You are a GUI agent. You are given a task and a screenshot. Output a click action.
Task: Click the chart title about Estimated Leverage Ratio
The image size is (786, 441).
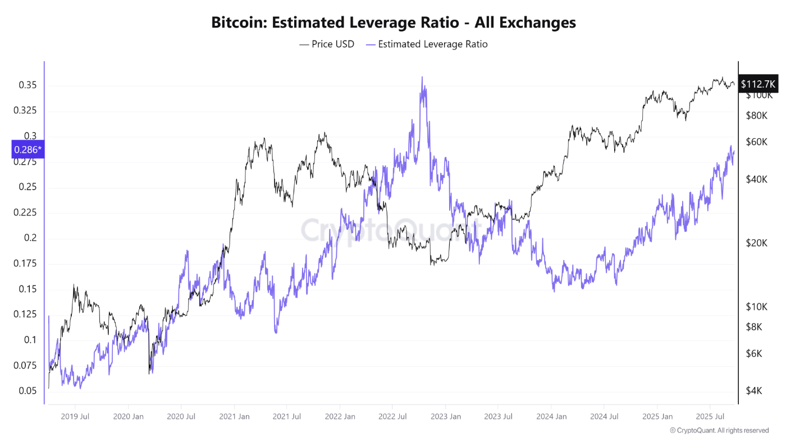(393, 22)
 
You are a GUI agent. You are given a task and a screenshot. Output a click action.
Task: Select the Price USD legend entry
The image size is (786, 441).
(327, 44)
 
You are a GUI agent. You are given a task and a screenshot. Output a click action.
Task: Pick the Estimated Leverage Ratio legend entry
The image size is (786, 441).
(426, 44)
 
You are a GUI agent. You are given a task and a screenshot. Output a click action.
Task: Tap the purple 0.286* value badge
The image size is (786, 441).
(28, 149)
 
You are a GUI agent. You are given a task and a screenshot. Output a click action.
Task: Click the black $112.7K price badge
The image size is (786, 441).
(758, 84)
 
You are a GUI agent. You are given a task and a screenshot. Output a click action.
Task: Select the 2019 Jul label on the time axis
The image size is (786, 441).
(75, 416)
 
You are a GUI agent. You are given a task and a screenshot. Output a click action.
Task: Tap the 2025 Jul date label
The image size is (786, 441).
(709, 416)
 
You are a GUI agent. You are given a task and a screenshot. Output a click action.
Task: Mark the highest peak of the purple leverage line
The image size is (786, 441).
(422, 78)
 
